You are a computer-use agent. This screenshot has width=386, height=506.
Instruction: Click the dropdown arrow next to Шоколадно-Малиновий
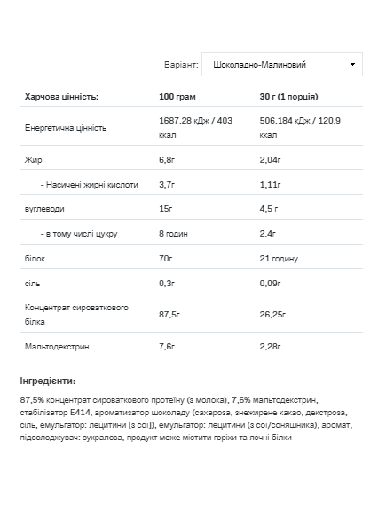click(353, 65)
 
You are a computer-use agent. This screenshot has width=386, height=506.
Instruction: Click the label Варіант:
click(181, 65)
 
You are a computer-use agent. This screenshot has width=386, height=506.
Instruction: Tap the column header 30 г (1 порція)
click(288, 97)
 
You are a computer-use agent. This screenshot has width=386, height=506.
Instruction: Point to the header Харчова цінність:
click(61, 97)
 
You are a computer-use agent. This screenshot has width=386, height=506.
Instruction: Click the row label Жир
click(33, 161)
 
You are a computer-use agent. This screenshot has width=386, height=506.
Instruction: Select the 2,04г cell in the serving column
click(271, 161)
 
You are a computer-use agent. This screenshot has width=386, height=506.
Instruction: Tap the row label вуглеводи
click(44, 209)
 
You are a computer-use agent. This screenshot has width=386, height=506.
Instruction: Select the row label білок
click(35, 258)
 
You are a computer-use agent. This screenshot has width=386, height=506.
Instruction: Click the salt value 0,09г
click(271, 283)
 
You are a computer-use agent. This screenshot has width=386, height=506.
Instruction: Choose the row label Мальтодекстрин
click(60, 345)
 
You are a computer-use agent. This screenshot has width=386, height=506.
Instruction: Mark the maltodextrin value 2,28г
click(271, 345)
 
